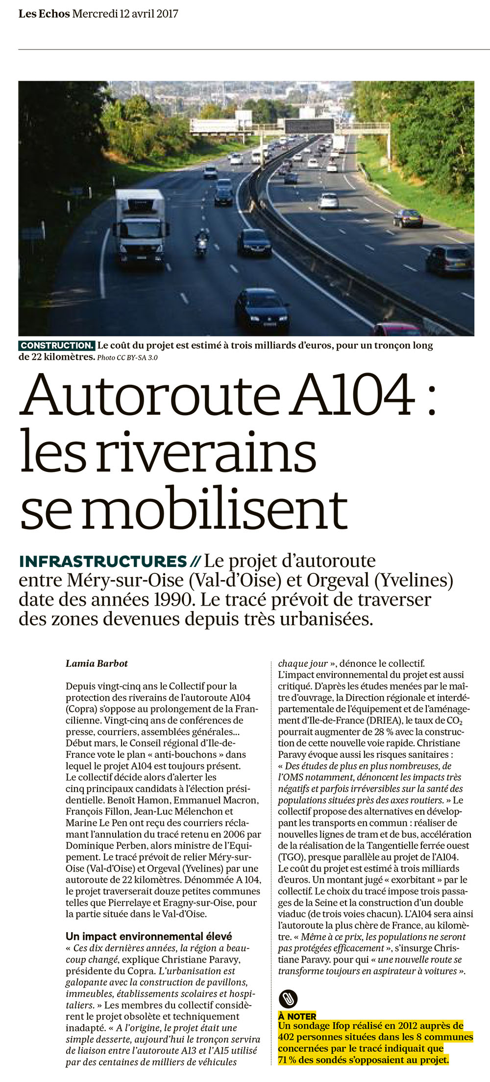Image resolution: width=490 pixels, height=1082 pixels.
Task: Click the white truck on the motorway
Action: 140,225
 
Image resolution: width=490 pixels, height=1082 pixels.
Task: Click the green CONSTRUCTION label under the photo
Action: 56,346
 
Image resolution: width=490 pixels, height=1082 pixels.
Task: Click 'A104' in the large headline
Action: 352,396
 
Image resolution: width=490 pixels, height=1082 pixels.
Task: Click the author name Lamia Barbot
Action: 97,663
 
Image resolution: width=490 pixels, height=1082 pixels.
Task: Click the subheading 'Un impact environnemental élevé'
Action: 148,936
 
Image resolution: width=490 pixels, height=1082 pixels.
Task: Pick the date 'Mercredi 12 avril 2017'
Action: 125,14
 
